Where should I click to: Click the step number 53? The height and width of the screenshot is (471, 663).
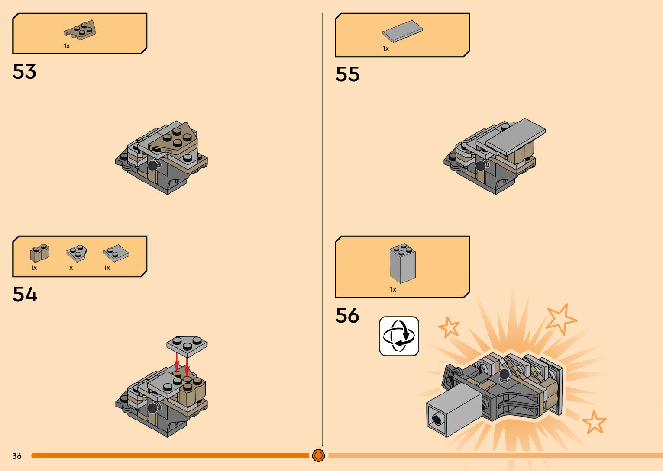[x=25, y=72]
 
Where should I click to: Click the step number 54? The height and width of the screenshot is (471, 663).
[x=25, y=295]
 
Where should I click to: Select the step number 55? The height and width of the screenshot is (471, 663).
[x=348, y=74]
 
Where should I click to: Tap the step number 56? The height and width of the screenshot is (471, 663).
[x=347, y=316]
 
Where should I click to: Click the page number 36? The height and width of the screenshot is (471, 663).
[x=17, y=456]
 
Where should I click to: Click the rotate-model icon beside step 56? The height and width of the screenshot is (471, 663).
[x=399, y=336]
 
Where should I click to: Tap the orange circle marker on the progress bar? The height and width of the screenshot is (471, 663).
[x=318, y=455]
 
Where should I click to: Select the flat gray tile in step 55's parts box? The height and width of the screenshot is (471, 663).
[x=402, y=31]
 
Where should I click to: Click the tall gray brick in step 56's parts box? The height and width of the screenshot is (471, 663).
[x=403, y=263]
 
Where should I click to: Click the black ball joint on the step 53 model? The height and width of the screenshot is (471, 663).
[x=152, y=165]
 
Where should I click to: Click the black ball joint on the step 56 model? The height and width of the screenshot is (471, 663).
[x=505, y=375]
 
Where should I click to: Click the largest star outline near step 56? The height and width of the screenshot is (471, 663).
[x=561, y=319]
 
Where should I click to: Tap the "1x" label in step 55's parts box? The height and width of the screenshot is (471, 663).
[x=386, y=48]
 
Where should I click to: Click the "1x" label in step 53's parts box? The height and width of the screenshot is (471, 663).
[x=67, y=46]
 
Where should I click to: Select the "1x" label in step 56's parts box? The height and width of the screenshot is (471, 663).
[x=393, y=289]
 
